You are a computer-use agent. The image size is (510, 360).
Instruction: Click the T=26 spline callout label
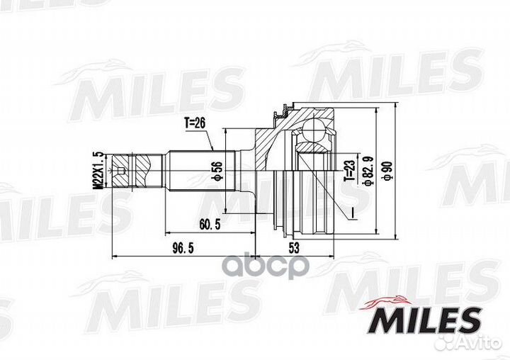coord(195,123)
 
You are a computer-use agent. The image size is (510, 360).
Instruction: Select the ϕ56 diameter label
coord(217,171)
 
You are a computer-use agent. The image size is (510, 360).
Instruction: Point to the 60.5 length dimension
coord(210,224)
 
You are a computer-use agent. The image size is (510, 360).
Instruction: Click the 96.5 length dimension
coord(183,248)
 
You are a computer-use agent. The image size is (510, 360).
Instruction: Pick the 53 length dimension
coord(294,248)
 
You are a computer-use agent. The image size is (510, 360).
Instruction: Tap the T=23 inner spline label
coord(349,170)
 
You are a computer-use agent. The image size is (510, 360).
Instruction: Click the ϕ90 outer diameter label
coord(389,171)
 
